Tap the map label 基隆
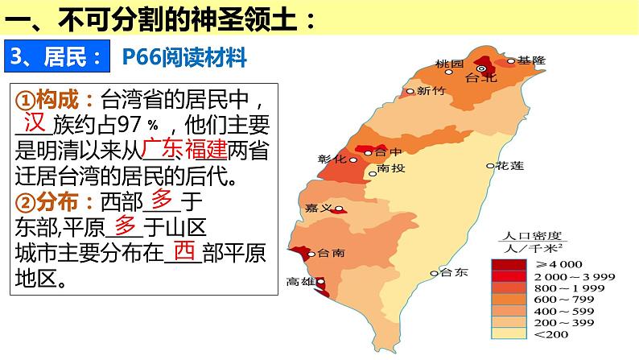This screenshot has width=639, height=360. (x=531, y=60)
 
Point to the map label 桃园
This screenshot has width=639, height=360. (x=449, y=64)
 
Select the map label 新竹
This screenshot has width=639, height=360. (x=431, y=91)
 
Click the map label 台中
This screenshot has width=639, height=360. (x=390, y=151)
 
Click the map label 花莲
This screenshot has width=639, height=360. (x=509, y=165)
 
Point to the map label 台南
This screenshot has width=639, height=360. (x=332, y=252)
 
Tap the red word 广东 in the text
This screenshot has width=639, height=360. (x=159, y=149)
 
